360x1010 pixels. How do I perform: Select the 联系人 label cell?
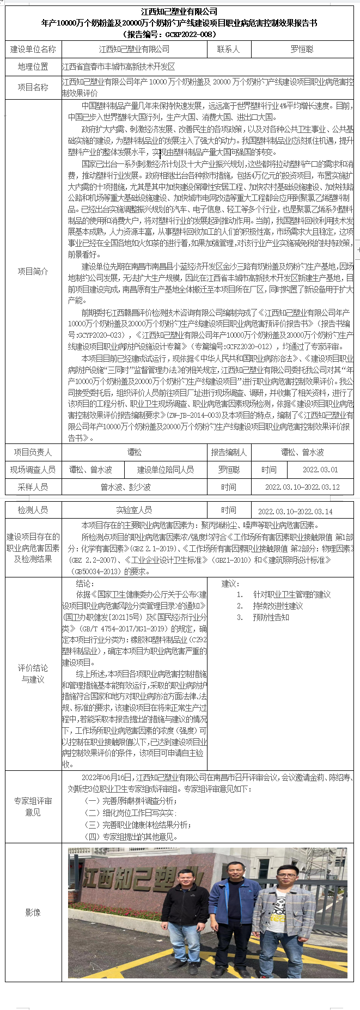click(228, 49)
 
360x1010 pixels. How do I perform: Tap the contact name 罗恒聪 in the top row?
click(302, 49)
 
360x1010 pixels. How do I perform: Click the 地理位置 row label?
click(33, 67)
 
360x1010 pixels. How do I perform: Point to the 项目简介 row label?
click(33, 271)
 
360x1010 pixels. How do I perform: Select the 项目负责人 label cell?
click(33, 452)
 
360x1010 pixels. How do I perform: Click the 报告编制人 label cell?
click(229, 452)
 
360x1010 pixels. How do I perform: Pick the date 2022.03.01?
click(320, 470)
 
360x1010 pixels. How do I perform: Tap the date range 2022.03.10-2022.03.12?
click(302, 487)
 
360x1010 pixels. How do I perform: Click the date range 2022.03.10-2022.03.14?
click(302, 511)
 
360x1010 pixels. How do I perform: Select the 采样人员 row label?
click(33, 487)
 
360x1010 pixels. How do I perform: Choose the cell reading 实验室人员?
click(134, 510)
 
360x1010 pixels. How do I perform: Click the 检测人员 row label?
click(33, 510)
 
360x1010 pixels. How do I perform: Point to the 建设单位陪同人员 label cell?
click(166, 470)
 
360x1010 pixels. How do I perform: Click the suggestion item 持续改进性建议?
click(278, 606)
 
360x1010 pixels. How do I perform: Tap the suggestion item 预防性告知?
click(271, 617)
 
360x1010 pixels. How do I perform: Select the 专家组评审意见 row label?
click(33, 806)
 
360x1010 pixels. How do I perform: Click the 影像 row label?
click(33, 912)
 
